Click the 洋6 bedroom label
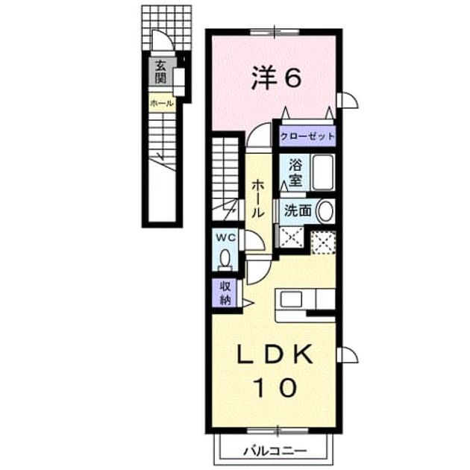(276, 78)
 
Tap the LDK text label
(275, 354)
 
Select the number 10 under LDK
(275, 387)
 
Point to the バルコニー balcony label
(275, 451)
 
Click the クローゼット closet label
(307, 137)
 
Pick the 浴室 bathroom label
(295, 172)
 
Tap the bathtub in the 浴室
(322, 172)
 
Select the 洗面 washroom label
(298, 210)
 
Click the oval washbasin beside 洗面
(325, 210)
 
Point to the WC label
(226, 238)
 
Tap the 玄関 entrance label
(160, 72)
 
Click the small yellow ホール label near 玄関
(161, 104)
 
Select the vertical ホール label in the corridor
(257, 198)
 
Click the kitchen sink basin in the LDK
(291, 299)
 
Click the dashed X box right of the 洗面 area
(323, 242)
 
